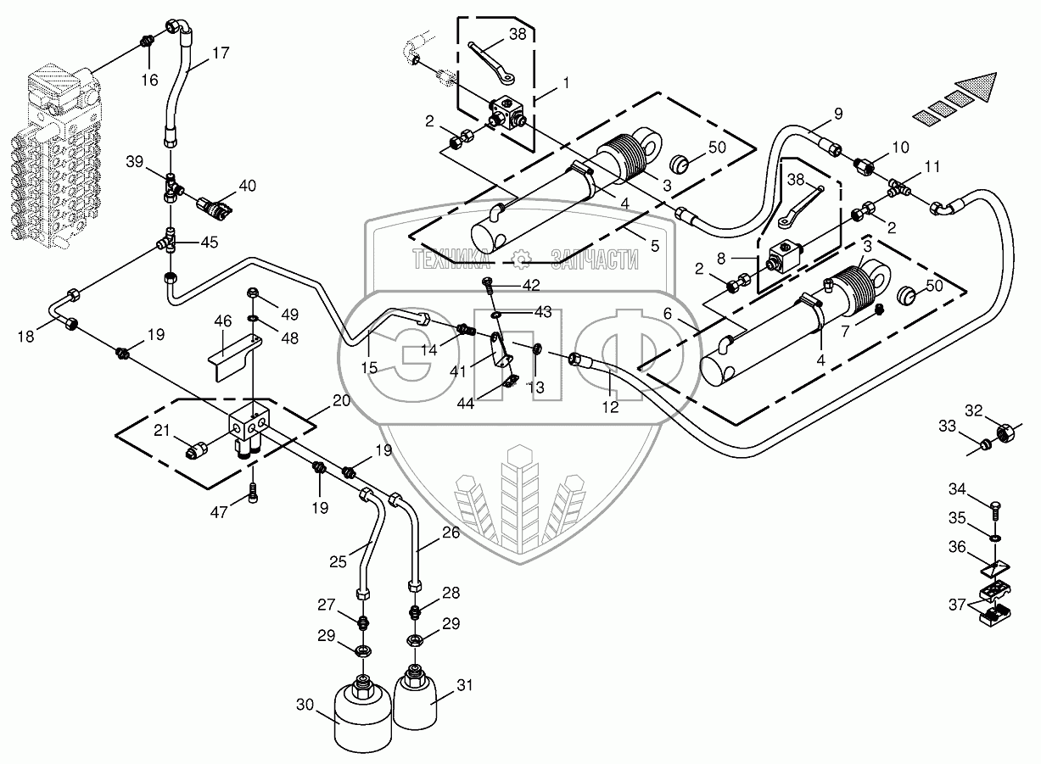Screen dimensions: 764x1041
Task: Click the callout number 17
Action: tap(220, 53)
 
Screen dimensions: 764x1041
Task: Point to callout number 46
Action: tap(222, 321)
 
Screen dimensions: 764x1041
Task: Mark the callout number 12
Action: tap(610, 408)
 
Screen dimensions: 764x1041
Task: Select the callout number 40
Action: tap(246, 186)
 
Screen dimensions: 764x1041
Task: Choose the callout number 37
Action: tap(956, 605)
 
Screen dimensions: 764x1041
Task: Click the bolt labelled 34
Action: tap(997, 508)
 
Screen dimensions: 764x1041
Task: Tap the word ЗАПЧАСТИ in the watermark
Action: tap(593, 259)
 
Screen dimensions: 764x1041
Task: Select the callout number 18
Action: tap(25, 337)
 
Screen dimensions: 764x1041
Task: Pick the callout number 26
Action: tap(451, 533)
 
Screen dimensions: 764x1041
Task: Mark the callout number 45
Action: tap(208, 243)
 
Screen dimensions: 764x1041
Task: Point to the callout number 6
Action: tap(668, 314)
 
